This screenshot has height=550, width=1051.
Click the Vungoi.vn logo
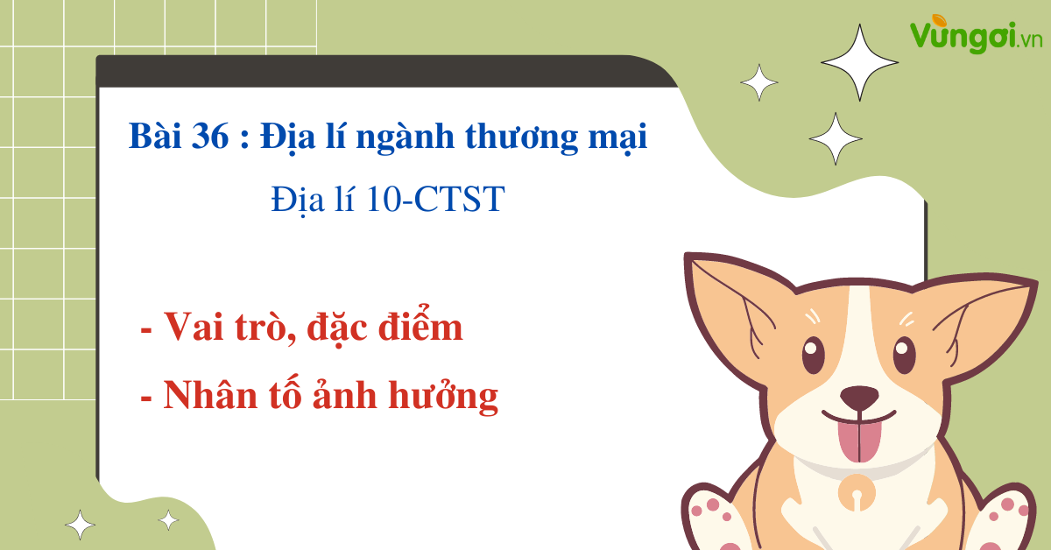(x=976, y=34)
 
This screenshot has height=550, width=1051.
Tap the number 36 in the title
(x=210, y=136)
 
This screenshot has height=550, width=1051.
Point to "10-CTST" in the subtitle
(x=435, y=199)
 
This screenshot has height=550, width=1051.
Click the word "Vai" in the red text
(x=194, y=326)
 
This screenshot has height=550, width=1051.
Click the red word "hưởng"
(x=443, y=397)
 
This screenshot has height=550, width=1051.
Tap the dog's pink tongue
(x=859, y=441)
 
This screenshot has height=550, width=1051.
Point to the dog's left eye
(x=813, y=355)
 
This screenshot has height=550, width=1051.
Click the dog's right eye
(x=904, y=355)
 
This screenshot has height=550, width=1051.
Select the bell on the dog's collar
(x=857, y=494)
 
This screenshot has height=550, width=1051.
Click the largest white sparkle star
(x=859, y=62)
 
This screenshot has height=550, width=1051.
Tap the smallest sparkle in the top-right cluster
(x=759, y=82)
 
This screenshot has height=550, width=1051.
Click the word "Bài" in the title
(x=155, y=136)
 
